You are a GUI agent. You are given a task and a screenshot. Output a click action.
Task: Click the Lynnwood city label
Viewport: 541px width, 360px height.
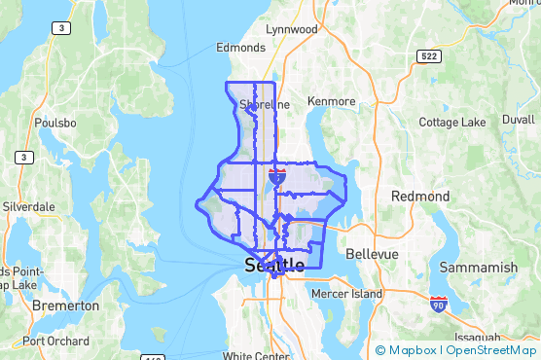click(292, 29)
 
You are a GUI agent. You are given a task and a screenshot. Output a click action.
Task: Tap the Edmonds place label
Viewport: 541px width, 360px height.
click(240, 47)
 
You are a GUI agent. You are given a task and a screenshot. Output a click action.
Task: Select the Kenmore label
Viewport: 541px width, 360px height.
click(332, 101)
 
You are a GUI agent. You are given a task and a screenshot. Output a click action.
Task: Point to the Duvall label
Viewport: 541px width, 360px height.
click(519, 119)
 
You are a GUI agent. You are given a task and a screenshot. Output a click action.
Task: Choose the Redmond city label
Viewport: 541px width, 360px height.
click(420, 197)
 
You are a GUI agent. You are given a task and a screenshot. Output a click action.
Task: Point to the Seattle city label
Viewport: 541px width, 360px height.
click(274, 265)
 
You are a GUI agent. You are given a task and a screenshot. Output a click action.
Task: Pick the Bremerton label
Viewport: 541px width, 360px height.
click(65, 306)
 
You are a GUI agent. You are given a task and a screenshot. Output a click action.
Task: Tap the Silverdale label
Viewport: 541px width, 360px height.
click(28, 207)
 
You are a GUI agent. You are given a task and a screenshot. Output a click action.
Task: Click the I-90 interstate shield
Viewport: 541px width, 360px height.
click(439, 305)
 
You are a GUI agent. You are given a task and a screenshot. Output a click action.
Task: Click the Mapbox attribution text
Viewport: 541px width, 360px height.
click(412, 349)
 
